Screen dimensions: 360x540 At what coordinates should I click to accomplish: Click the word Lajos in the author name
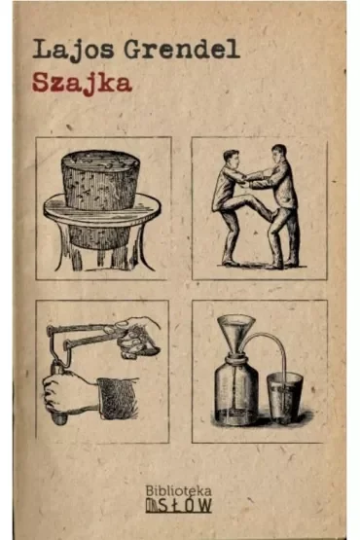point(73,50)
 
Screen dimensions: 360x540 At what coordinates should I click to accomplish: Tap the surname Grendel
point(182,49)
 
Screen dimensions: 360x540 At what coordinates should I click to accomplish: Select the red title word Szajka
point(83,84)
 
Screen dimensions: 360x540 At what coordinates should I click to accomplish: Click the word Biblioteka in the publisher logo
point(178,490)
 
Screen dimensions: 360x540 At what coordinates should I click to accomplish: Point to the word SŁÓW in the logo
point(184,505)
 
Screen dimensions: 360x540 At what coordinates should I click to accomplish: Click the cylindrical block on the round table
point(100,180)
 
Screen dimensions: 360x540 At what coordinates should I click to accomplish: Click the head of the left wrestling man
point(232,159)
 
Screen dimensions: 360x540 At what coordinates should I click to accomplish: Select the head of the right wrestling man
point(278,153)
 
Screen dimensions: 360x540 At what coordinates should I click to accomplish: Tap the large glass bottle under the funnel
point(236,391)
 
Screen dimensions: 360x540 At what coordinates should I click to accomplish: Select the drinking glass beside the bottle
point(284,397)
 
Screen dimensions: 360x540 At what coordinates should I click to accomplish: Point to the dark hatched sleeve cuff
point(118,398)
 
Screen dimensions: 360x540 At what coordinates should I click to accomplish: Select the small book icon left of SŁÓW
point(151,505)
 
